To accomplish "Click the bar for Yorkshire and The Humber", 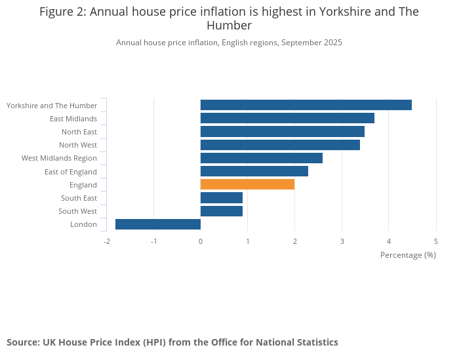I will pos(306,105).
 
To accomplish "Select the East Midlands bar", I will pos(287,118).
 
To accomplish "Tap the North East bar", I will pos(282,132).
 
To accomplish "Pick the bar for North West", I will pos(280,145).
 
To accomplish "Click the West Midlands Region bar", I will pos(261,158).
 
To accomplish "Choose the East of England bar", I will pos(254,171).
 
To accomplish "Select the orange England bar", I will pos(247,185).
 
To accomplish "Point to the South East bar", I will pos(221,198).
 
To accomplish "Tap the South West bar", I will pos(221,211).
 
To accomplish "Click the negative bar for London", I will pos(158,224).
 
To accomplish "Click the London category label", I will pos(83,224).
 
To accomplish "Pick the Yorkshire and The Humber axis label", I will pos(52,105).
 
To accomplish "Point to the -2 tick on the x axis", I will pos(107,241).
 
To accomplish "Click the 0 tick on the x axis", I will pos(201,241).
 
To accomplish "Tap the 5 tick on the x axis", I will pos(436,241).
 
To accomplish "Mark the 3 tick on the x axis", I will pos(342,241).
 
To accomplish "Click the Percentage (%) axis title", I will pos(408,254).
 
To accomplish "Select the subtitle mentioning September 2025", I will pos(229,43).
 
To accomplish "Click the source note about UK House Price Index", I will pos(172,342).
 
